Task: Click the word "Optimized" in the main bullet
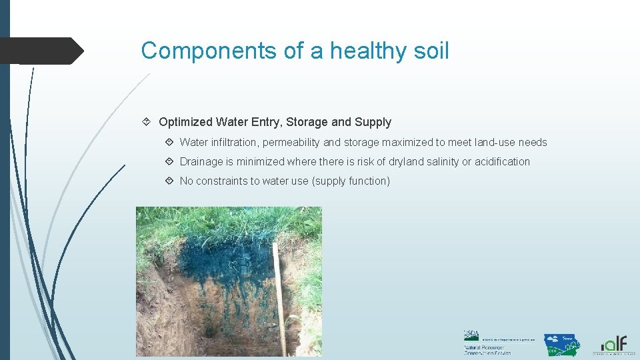pyautogui.click(x=185, y=122)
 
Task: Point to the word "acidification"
pyautogui.click(x=502, y=161)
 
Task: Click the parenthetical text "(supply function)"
pyautogui.click(x=351, y=181)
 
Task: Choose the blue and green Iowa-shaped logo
pyautogui.click(x=561, y=345)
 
